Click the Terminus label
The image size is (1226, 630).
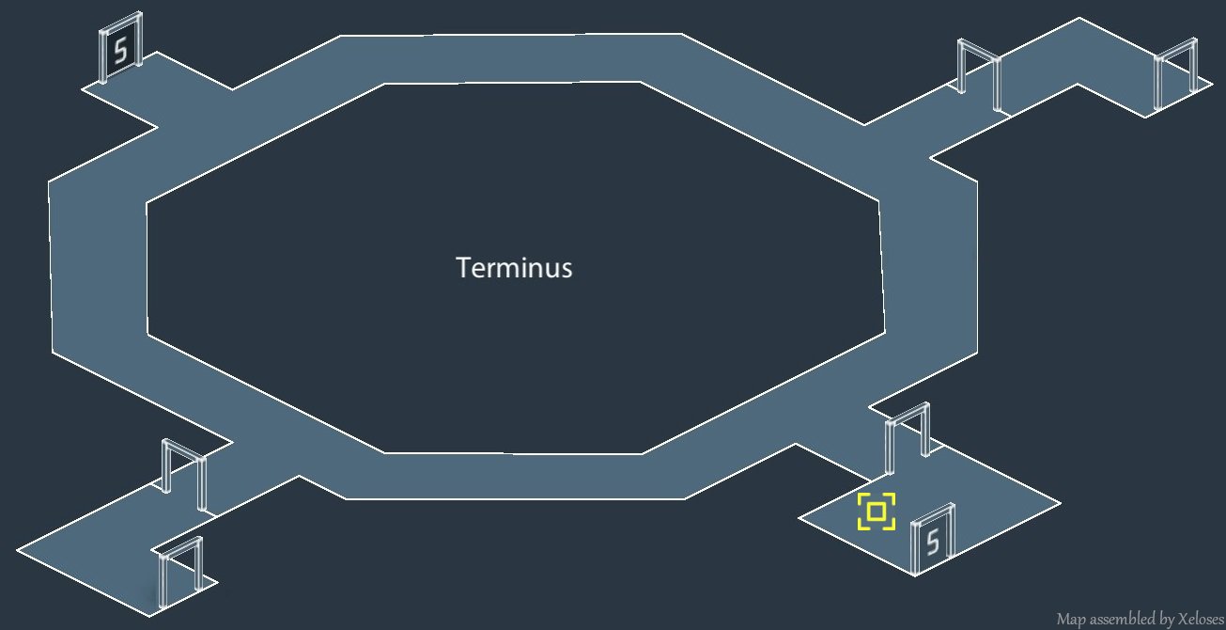pyautogui.click(x=514, y=268)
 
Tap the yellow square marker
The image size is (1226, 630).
pyautogui.click(x=877, y=512)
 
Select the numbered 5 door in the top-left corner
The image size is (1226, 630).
pyautogui.click(x=120, y=49)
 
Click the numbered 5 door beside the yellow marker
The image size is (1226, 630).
pyautogui.click(x=933, y=540)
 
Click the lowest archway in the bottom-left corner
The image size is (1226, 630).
pyautogui.click(x=180, y=570)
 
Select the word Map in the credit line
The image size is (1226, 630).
pyautogui.click(x=1071, y=619)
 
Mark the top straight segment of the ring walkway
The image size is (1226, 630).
pyautogui.click(x=512, y=58)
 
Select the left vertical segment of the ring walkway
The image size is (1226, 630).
pyautogui.click(x=98, y=268)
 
